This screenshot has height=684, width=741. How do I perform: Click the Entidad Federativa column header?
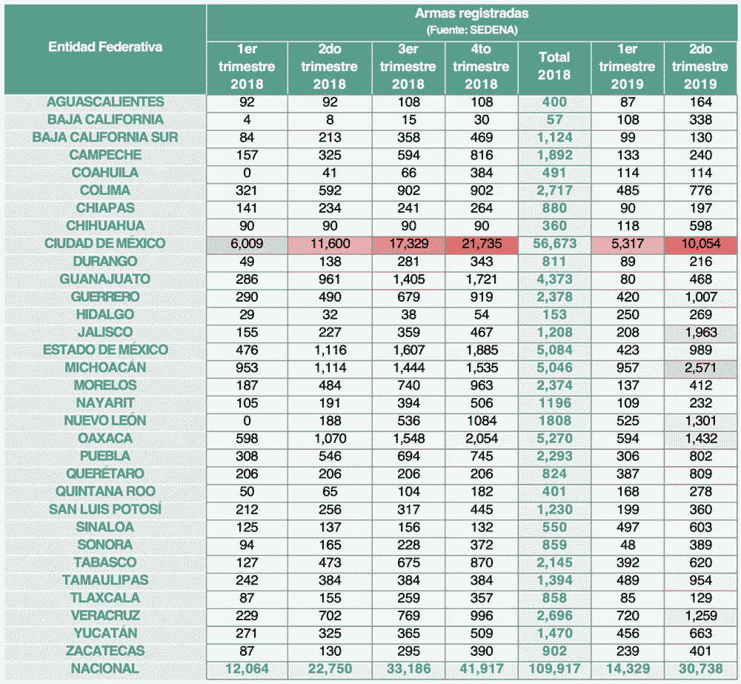(x=105, y=47)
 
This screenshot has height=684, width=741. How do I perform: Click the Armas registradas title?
(x=471, y=14)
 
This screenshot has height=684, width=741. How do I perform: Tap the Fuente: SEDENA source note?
(x=471, y=30)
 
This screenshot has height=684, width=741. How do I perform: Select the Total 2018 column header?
(x=554, y=66)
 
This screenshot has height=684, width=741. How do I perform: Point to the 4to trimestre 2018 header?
(x=481, y=67)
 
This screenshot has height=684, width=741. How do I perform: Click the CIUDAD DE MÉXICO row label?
(x=104, y=244)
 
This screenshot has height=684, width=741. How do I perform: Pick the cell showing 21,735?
(x=481, y=244)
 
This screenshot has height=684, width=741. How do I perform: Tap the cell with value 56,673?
(x=554, y=244)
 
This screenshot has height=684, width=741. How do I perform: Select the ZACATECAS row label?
(x=104, y=651)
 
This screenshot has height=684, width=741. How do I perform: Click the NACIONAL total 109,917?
(x=554, y=668)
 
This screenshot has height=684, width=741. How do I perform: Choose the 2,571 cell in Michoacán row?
(x=700, y=368)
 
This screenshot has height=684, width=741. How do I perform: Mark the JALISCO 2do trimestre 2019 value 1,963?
(x=700, y=333)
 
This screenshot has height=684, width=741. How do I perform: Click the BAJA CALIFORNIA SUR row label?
(x=104, y=138)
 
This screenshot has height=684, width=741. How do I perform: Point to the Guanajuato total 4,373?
(x=554, y=279)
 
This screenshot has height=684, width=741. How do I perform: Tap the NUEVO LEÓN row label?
(x=104, y=421)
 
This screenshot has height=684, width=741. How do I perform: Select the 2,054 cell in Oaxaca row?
(x=481, y=439)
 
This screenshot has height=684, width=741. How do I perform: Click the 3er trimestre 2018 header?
(x=408, y=67)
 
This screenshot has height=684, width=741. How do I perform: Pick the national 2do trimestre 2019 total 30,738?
(x=700, y=668)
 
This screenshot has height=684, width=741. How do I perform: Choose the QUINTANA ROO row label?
(x=104, y=491)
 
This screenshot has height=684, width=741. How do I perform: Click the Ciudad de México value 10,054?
(x=700, y=244)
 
